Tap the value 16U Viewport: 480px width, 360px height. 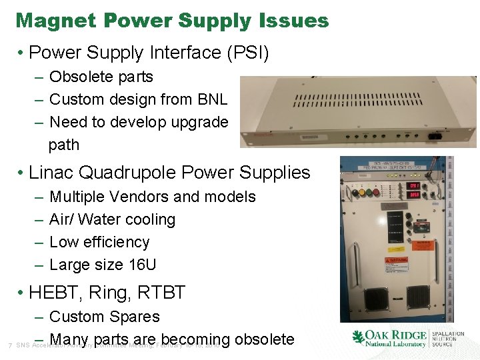[141, 265]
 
